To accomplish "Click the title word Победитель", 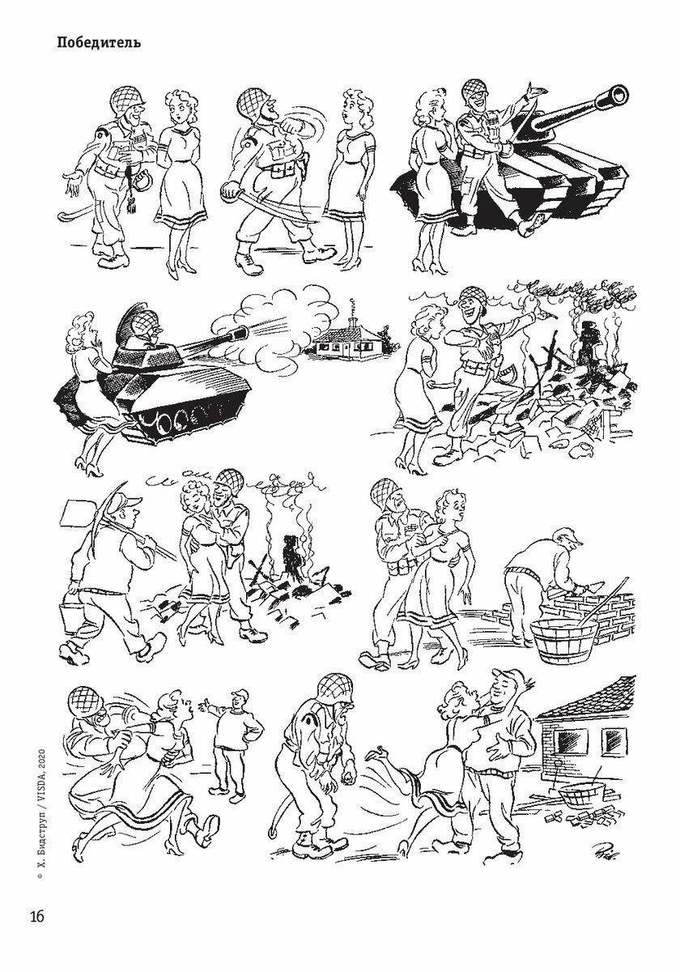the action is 99,44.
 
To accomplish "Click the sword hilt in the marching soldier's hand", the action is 228,192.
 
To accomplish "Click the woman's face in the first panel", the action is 176,112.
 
